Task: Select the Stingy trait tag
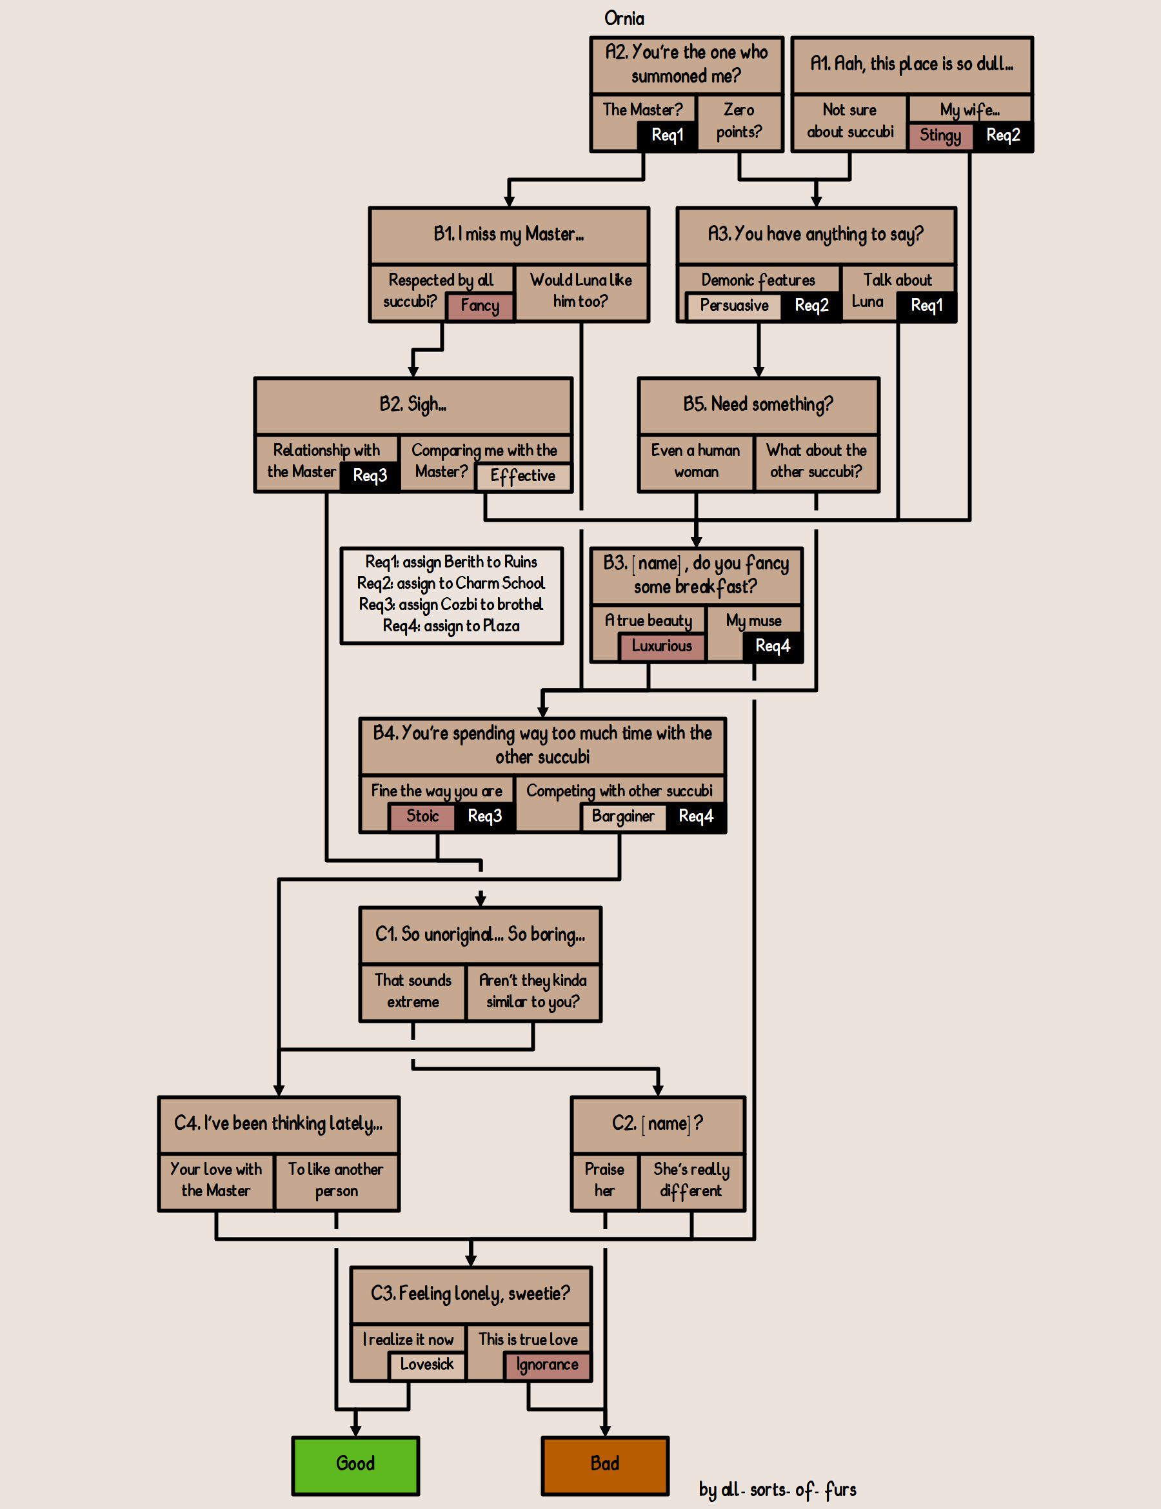[940, 135]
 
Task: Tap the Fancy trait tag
[480, 306]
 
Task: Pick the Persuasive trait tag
[734, 306]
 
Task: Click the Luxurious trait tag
[661, 646]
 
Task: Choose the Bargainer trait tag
[622, 816]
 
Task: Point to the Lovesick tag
[426, 1365]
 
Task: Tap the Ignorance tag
[547, 1365]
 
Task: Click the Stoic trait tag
[422, 816]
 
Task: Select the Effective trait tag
[522, 476]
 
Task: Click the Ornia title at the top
[624, 19]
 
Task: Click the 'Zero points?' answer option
[739, 121]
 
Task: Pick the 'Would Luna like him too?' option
[580, 291]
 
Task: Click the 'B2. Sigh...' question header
[413, 405]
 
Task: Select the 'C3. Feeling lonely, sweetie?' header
[470, 1294]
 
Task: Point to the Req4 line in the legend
[451, 626]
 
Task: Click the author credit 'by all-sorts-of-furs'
[777, 1490]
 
